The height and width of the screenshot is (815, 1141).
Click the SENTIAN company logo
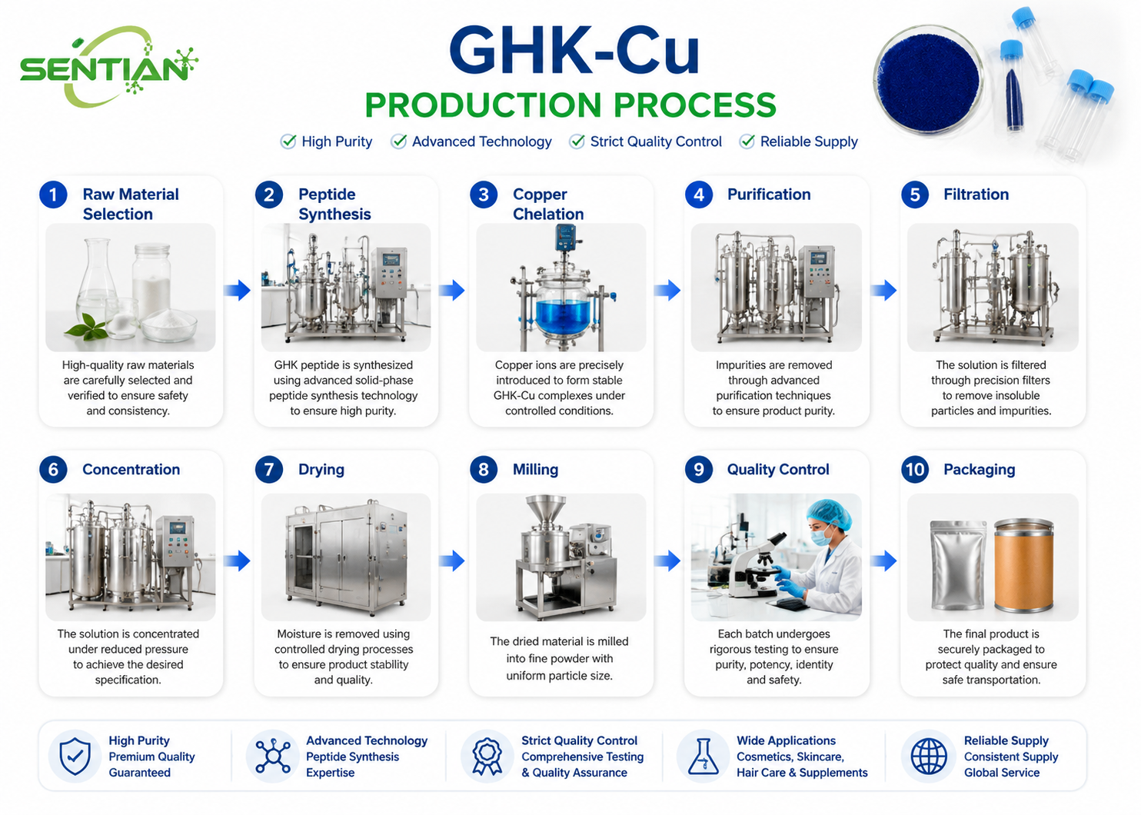click(108, 66)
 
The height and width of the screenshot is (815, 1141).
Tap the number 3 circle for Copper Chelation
click(484, 195)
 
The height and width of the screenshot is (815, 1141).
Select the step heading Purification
click(769, 195)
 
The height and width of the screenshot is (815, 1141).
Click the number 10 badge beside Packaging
click(915, 469)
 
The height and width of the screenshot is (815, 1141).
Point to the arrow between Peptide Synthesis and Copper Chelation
click(452, 291)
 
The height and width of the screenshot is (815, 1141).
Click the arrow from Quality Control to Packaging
click(883, 561)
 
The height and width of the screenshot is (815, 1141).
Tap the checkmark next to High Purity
click(288, 141)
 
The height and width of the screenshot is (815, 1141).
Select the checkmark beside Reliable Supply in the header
click(747, 141)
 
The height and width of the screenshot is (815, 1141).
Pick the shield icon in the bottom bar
click(75, 757)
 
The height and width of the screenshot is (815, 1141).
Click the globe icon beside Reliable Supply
click(929, 757)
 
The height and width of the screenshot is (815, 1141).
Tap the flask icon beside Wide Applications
click(703, 757)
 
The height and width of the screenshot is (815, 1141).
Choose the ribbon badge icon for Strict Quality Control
click(487, 757)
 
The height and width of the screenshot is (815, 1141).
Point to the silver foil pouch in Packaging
click(958, 565)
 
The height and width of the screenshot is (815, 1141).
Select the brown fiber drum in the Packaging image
click(1024, 564)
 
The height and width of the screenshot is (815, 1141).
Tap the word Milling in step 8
click(535, 470)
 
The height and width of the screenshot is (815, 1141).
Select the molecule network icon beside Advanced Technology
click(273, 757)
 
